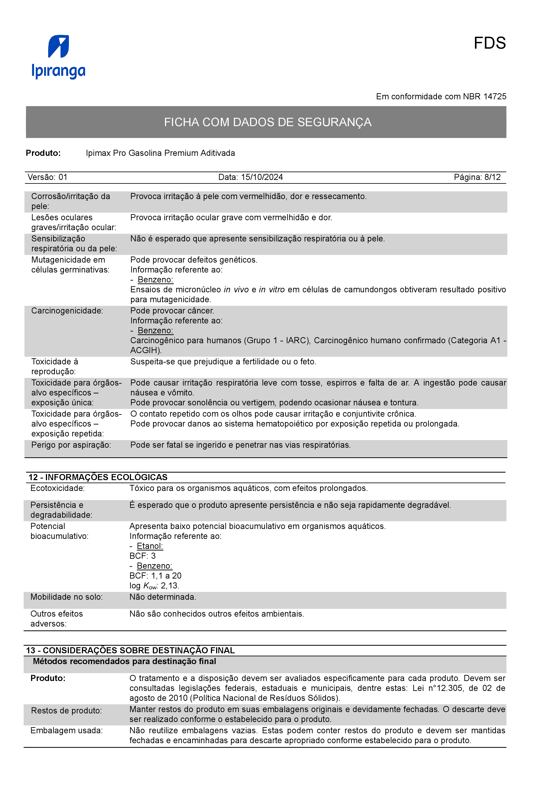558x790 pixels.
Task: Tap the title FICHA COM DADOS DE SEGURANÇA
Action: (x=267, y=122)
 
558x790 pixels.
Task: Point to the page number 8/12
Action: (x=492, y=177)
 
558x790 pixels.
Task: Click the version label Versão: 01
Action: (x=47, y=177)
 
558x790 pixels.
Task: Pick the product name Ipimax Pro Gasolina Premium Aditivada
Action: (x=160, y=153)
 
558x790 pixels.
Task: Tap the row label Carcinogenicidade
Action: (x=67, y=311)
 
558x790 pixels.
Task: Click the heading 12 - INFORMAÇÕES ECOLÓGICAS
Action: (x=98, y=477)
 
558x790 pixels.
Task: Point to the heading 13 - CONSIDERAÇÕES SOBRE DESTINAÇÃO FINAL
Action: (x=131, y=650)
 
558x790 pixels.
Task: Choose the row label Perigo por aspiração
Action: (x=71, y=445)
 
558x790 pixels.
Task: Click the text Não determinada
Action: (x=163, y=597)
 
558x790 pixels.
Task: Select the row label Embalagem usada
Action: (x=66, y=731)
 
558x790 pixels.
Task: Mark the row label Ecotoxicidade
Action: (x=57, y=488)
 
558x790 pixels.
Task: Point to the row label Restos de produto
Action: (x=66, y=711)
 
